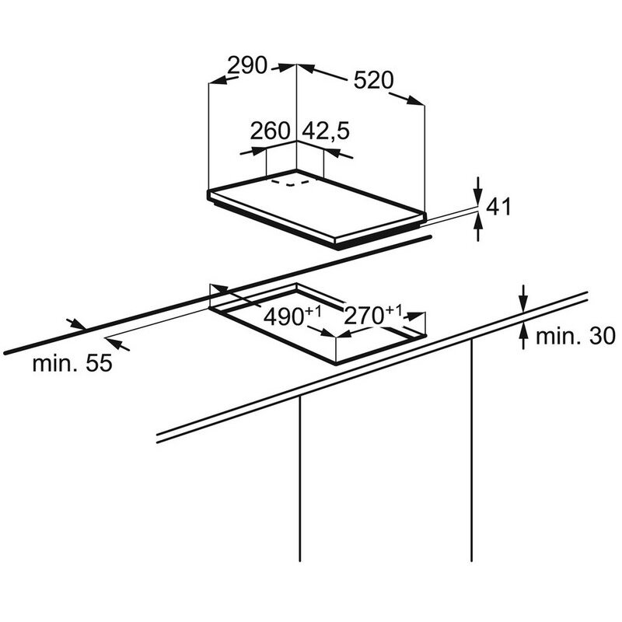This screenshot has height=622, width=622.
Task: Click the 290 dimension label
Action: tap(247, 65)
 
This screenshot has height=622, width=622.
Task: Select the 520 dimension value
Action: tap(373, 80)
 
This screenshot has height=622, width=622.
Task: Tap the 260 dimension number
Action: tap(270, 131)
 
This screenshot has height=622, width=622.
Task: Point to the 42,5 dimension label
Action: tap(326, 131)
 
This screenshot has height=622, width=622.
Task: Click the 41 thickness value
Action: tap(498, 206)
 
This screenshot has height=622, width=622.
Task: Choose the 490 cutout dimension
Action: tap(284, 316)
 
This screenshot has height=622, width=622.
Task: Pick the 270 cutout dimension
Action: tap(363, 316)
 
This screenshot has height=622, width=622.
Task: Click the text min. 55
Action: tap(72, 363)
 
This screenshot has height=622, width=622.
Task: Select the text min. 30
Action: tap(575, 336)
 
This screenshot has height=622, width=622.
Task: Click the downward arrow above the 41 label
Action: tap(478, 191)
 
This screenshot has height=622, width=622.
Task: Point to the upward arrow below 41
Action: tap(478, 227)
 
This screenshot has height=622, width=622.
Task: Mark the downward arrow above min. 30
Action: tap(523, 299)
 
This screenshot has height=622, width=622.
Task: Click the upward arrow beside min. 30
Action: tap(523, 336)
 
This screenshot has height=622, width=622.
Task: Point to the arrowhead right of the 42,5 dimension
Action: tap(339, 153)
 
